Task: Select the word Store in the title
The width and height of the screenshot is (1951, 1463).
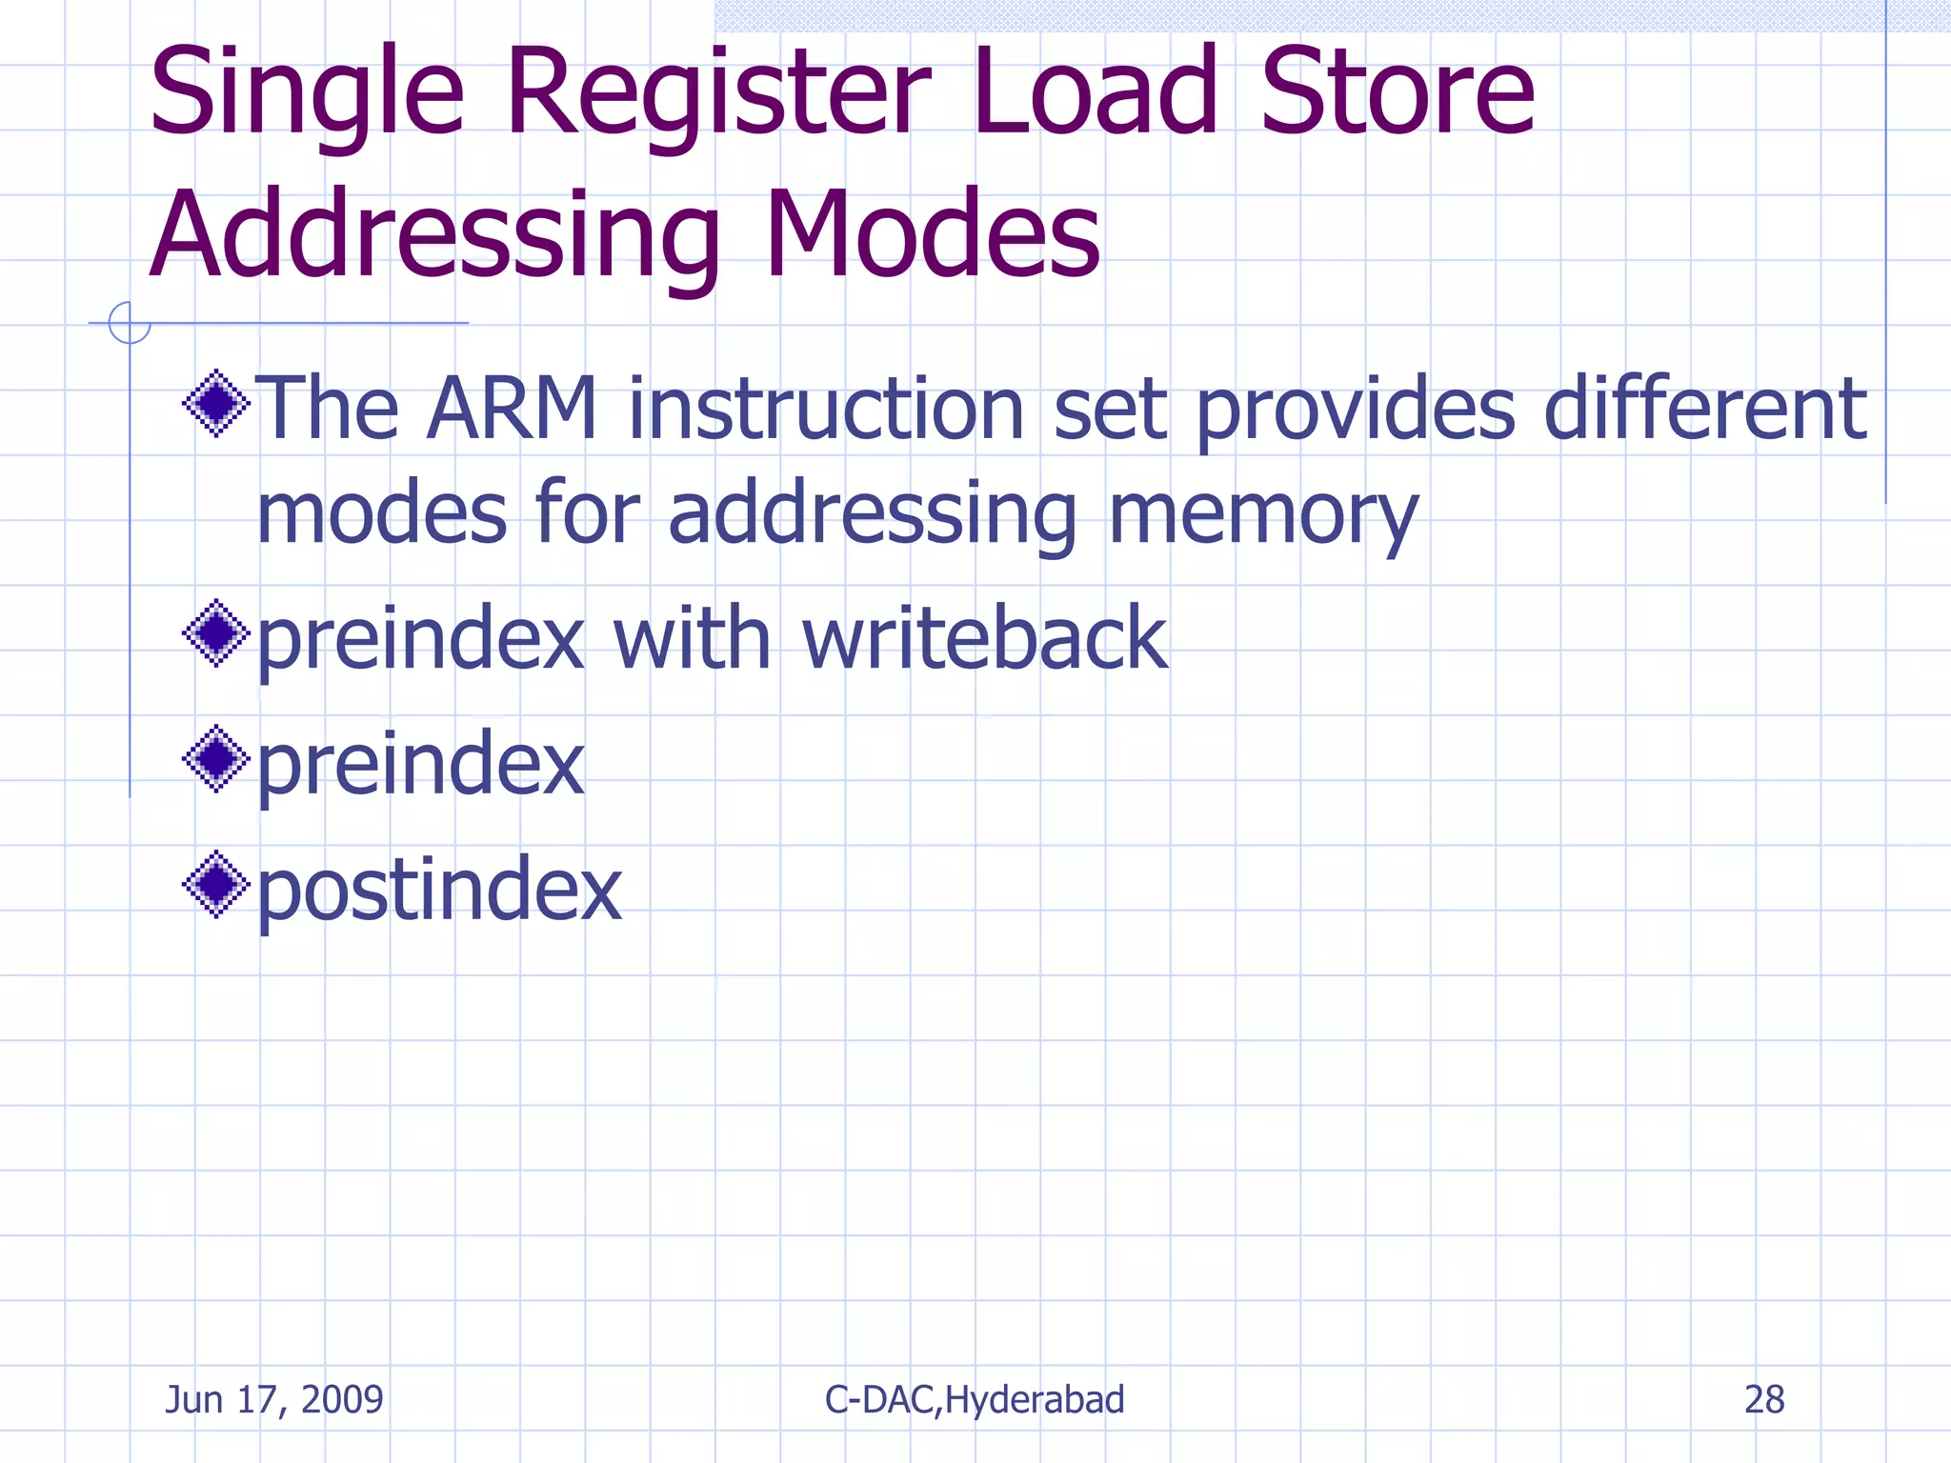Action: (x=1398, y=93)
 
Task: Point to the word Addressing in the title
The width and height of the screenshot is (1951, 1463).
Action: (x=434, y=236)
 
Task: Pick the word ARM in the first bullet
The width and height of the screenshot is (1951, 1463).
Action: (x=512, y=410)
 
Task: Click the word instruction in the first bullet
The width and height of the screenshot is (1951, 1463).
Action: (x=826, y=410)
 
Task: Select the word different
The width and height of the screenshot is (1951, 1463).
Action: (x=1704, y=410)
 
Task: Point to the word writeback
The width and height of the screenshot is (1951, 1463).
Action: (x=984, y=638)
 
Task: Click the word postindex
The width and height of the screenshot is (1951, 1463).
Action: (x=439, y=890)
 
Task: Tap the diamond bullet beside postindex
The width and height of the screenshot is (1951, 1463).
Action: (x=216, y=884)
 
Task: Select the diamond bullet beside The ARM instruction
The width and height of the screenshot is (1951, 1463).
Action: (x=216, y=403)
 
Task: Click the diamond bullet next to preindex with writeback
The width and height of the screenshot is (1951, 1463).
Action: (x=216, y=632)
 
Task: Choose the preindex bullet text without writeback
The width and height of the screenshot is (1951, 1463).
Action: (x=420, y=764)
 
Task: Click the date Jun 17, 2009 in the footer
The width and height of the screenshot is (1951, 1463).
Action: (x=274, y=1399)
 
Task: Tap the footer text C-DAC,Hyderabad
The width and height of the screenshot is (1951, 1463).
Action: (x=974, y=1399)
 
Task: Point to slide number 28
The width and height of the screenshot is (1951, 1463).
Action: (x=1763, y=1399)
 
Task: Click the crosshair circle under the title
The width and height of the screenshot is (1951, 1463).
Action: (x=130, y=323)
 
